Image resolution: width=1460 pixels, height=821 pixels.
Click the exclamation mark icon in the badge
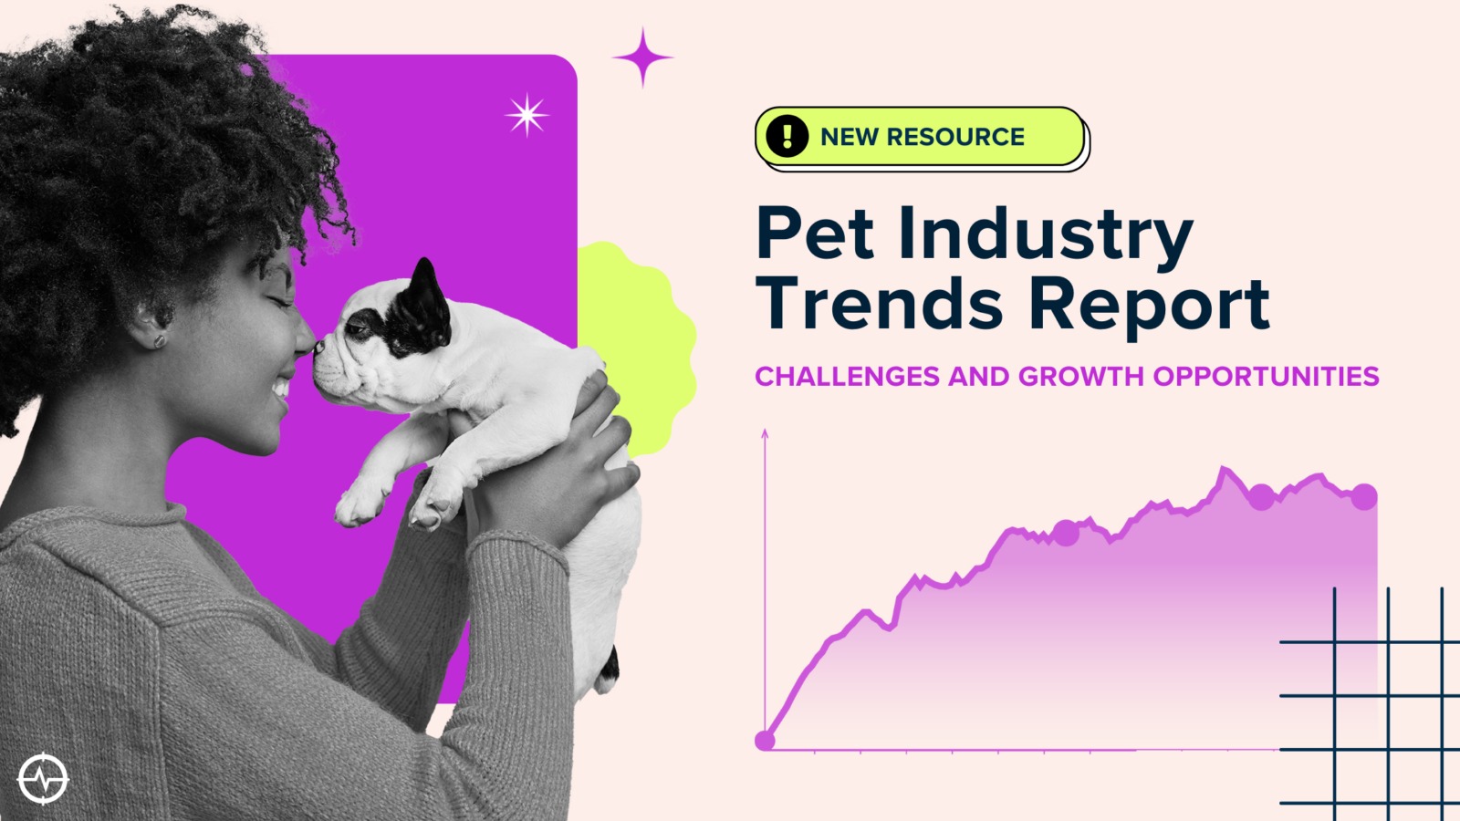click(x=787, y=136)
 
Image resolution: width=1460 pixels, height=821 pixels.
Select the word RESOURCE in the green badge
click(x=954, y=137)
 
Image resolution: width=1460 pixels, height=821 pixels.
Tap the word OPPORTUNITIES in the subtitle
click(x=1266, y=377)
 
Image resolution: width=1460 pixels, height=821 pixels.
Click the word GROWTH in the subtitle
click(x=1081, y=377)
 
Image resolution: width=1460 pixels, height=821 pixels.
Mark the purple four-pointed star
click(x=642, y=57)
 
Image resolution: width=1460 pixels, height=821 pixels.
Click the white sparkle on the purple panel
click(x=526, y=115)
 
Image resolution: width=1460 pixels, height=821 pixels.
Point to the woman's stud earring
click(x=159, y=340)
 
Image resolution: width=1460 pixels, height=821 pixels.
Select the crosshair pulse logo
click(x=43, y=778)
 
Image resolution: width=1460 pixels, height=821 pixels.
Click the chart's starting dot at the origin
click(x=765, y=740)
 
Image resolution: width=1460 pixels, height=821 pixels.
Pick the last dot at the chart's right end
click(x=1363, y=496)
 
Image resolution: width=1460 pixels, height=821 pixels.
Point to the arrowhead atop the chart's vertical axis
click(x=765, y=434)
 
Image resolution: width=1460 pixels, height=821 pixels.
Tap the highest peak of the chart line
click(x=1224, y=468)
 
